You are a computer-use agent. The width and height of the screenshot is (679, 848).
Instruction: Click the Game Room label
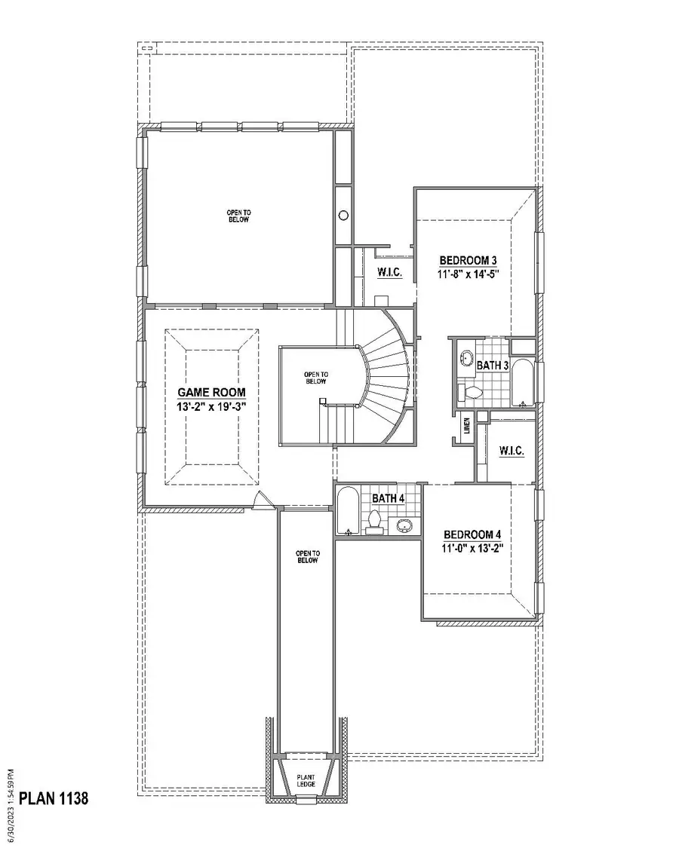pos(211,393)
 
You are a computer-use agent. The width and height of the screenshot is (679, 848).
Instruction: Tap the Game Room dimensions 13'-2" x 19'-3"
pos(211,407)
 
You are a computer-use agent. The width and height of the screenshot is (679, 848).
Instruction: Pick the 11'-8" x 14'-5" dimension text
pos(469,275)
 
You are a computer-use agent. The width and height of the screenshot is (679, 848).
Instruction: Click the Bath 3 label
pos(491,366)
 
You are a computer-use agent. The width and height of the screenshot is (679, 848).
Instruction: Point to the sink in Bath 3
pos(465,357)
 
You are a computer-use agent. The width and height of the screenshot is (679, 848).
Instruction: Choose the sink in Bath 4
pos(406,525)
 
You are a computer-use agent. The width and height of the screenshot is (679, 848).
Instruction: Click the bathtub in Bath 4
pos(348,513)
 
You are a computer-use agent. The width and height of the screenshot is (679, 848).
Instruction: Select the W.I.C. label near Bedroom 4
pos(512,452)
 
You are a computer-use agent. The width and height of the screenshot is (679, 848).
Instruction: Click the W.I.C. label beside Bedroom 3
pos(388,271)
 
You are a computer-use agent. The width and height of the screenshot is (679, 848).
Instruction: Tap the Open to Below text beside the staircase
pos(315,378)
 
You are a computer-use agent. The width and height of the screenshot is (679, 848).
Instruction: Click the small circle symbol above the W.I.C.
pos(343,215)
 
